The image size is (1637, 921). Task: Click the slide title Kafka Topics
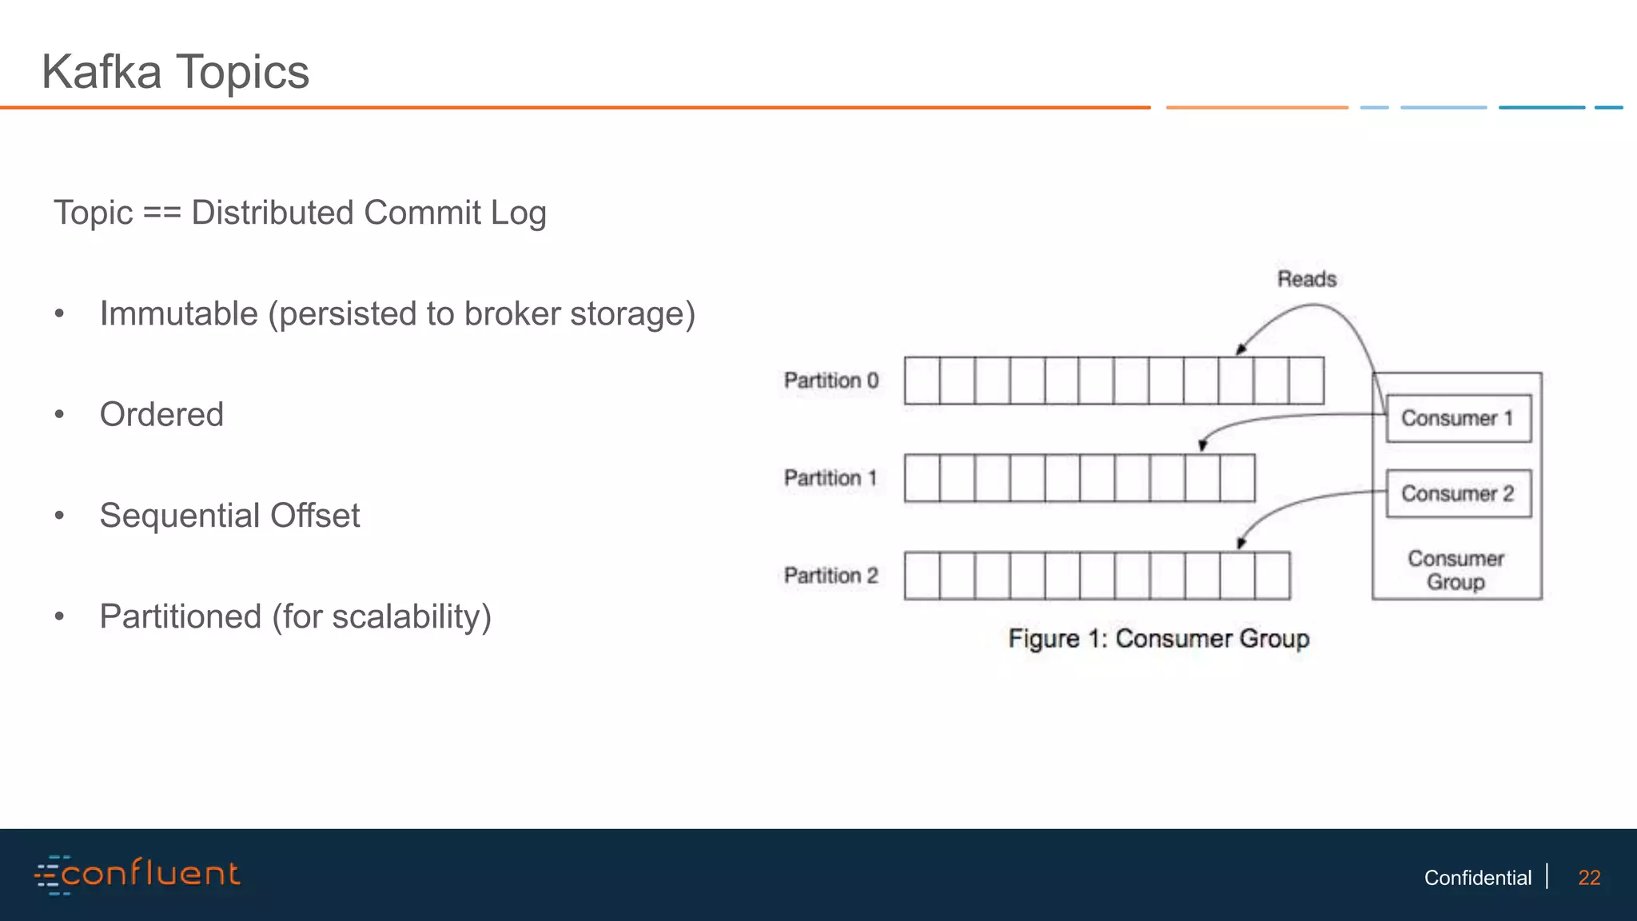[x=175, y=72]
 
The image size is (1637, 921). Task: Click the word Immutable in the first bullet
[x=178, y=313]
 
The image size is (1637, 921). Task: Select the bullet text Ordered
[x=161, y=414]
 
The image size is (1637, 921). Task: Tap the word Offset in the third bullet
[x=315, y=516]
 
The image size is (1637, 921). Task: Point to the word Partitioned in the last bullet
[x=180, y=616]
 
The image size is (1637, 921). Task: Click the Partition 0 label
[x=830, y=381]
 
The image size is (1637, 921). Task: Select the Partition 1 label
[x=830, y=478]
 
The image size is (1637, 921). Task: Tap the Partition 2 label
[x=830, y=576]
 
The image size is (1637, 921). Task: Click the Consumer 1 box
[x=1458, y=418]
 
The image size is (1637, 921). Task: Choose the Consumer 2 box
[x=1458, y=493]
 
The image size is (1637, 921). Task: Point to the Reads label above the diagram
[x=1306, y=279]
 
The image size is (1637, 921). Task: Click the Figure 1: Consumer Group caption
[x=1158, y=639]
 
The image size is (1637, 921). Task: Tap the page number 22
[x=1589, y=878]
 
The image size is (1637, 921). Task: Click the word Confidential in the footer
[x=1477, y=878]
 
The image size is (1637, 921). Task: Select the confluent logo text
[x=150, y=873]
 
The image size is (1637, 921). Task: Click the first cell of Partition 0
[x=922, y=381]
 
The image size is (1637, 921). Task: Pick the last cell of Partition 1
[x=1237, y=478]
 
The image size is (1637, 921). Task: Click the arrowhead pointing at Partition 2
[x=1241, y=544]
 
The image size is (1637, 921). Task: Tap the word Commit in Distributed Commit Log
[x=422, y=213]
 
